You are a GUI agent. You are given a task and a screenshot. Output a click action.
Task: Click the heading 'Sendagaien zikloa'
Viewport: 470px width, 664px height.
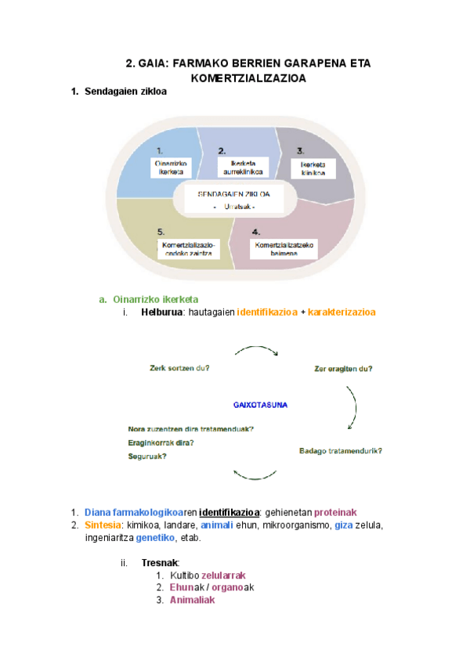[125, 92]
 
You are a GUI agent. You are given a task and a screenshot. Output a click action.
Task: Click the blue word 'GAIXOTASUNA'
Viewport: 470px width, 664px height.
[260, 405]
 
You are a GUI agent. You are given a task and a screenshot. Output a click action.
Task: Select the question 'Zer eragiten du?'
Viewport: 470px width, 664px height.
[342, 368]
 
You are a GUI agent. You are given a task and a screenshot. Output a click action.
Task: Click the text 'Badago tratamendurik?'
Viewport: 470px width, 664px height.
[341, 451]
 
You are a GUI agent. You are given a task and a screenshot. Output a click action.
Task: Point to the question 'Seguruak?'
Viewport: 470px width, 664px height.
[146, 456]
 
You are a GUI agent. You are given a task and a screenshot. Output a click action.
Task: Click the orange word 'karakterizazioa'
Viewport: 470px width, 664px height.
[342, 312]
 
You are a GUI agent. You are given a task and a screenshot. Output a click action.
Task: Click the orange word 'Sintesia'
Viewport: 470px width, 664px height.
[103, 525]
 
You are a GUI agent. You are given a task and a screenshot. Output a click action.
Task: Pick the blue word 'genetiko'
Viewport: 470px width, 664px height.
[155, 538]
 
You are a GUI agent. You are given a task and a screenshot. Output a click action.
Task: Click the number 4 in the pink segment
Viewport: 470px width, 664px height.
[256, 232]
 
